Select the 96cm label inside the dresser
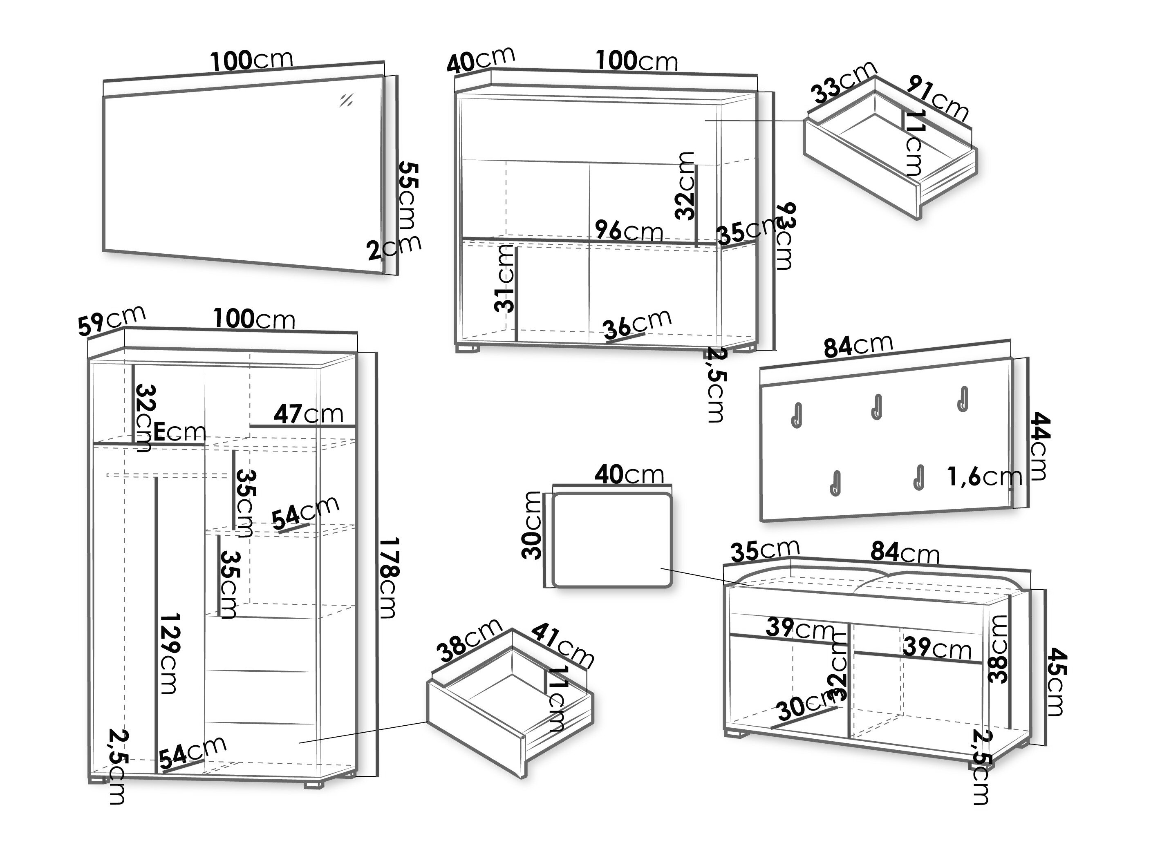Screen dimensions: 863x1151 coord(629,230)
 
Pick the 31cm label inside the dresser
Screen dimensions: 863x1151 coord(504,279)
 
